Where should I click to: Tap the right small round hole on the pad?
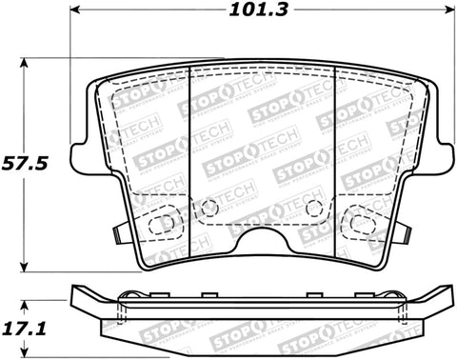tap(320, 209)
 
